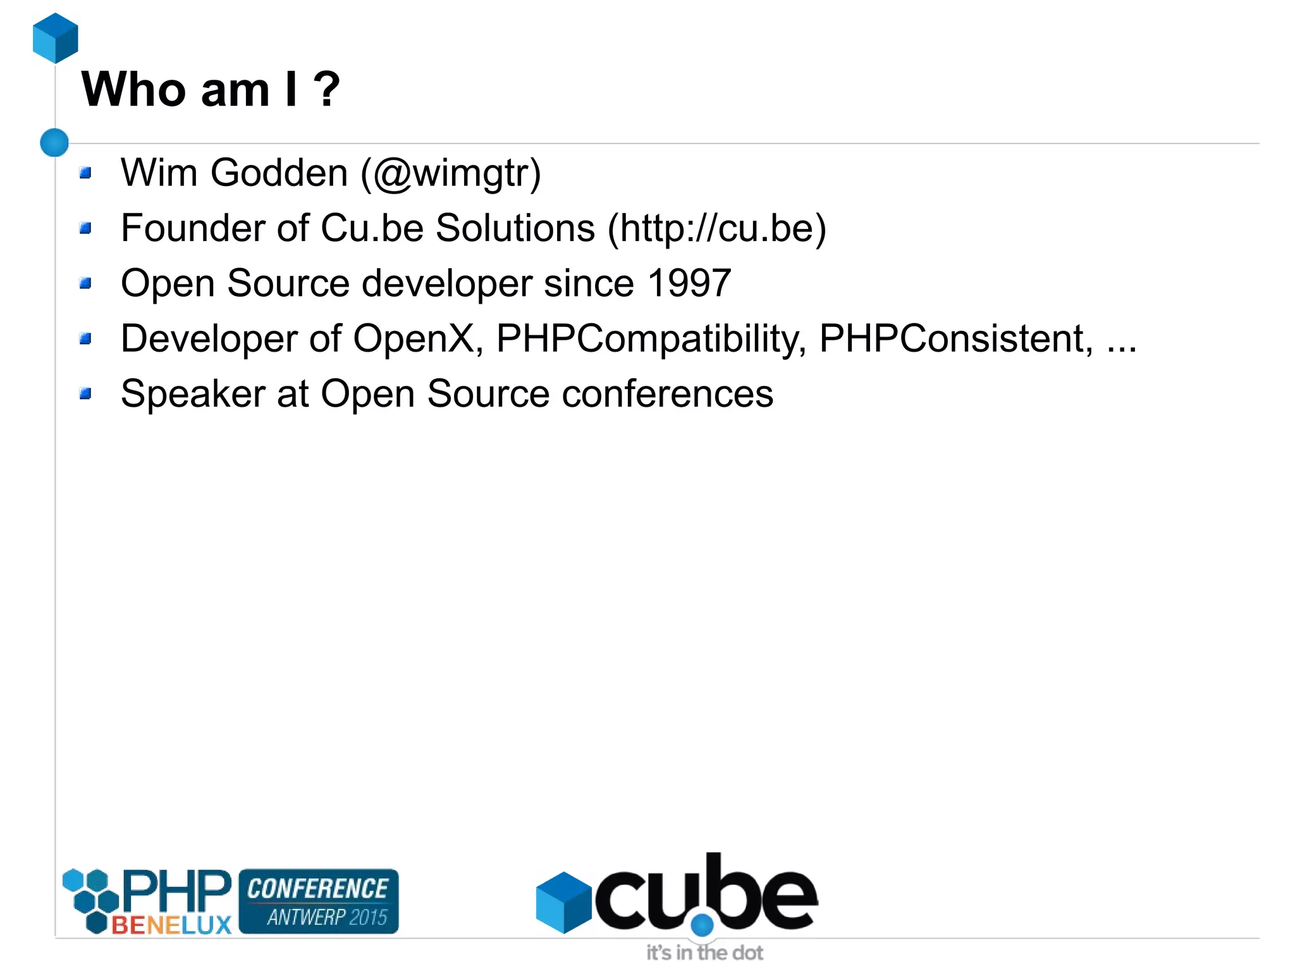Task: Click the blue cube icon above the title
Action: click(55, 38)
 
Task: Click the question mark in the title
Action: click(326, 89)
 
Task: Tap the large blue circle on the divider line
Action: click(54, 142)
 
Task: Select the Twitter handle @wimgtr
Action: click(451, 173)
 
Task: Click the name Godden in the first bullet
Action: click(279, 173)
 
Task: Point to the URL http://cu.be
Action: click(716, 228)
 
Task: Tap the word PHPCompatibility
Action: click(651, 338)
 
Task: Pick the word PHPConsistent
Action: click(955, 338)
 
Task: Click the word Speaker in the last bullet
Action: click(193, 393)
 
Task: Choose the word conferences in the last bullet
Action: click(667, 393)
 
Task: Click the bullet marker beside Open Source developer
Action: click(86, 283)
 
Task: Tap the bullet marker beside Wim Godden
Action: click(86, 173)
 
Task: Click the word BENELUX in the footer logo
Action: click(171, 925)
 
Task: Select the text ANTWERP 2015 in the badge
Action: click(326, 917)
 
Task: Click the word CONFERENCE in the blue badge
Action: click(317, 889)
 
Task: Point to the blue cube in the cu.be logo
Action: click(563, 902)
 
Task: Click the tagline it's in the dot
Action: click(704, 953)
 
